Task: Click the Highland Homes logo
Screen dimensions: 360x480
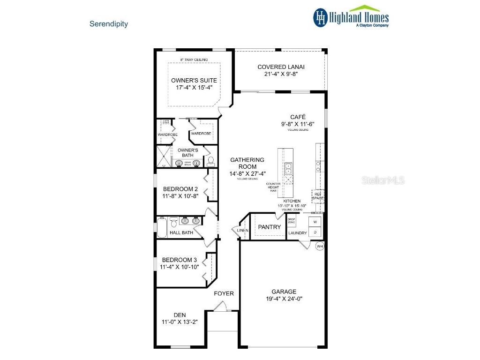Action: click(x=351, y=17)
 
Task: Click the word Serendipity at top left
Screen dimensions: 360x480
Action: click(x=109, y=23)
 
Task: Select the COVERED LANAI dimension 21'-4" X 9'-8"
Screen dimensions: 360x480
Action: click(x=278, y=74)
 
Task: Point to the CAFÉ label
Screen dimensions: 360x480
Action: click(x=298, y=117)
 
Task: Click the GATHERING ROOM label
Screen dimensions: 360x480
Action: click(x=247, y=163)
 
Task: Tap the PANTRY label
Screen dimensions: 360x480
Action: click(x=270, y=227)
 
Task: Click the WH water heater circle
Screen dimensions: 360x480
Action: click(x=320, y=246)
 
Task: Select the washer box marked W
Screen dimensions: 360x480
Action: click(x=315, y=221)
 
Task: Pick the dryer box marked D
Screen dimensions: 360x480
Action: click(x=315, y=232)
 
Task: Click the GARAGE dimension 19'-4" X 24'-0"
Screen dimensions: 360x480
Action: click(x=284, y=299)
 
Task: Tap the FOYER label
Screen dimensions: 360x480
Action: click(x=224, y=294)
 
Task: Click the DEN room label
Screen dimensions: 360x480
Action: click(x=180, y=315)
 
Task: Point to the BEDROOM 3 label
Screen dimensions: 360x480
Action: click(x=180, y=260)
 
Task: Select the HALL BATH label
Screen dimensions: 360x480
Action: click(x=181, y=232)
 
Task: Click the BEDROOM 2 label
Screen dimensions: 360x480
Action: click(x=180, y=189)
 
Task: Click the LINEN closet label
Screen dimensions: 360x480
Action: click(x=242, y=231)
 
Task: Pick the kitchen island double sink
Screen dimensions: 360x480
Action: click(x=289, y=167)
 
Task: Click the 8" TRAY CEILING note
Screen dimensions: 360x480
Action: click(x=194, y=60)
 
